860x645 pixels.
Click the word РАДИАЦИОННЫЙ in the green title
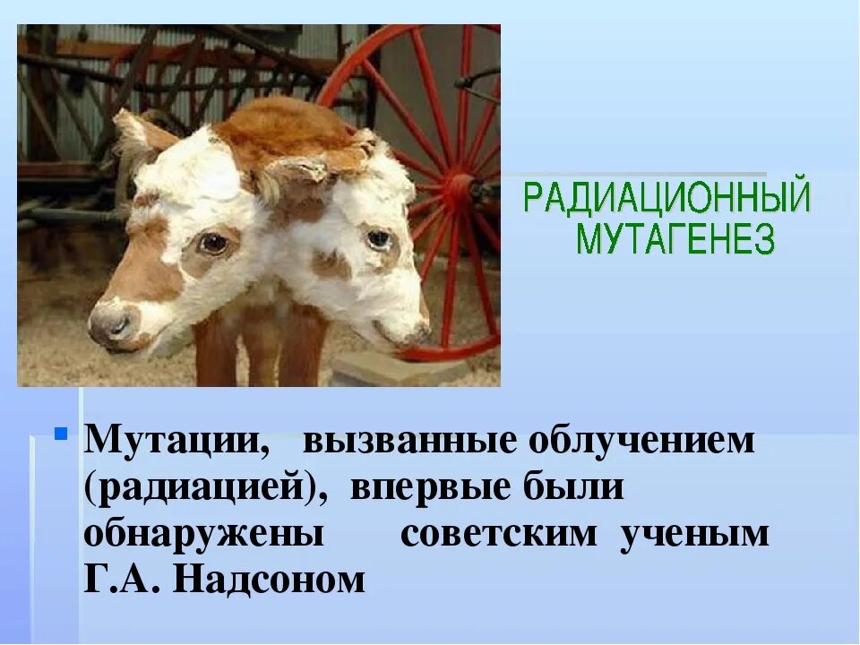click(x=666, y=199)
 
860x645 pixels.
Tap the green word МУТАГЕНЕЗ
click(x=675, y=239)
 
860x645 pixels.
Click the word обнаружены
click(x=203, y=535)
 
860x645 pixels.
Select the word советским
click(x=498, y=535)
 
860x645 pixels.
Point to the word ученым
click(x=695, y=535)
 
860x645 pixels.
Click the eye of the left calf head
click(x=212, y=243)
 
